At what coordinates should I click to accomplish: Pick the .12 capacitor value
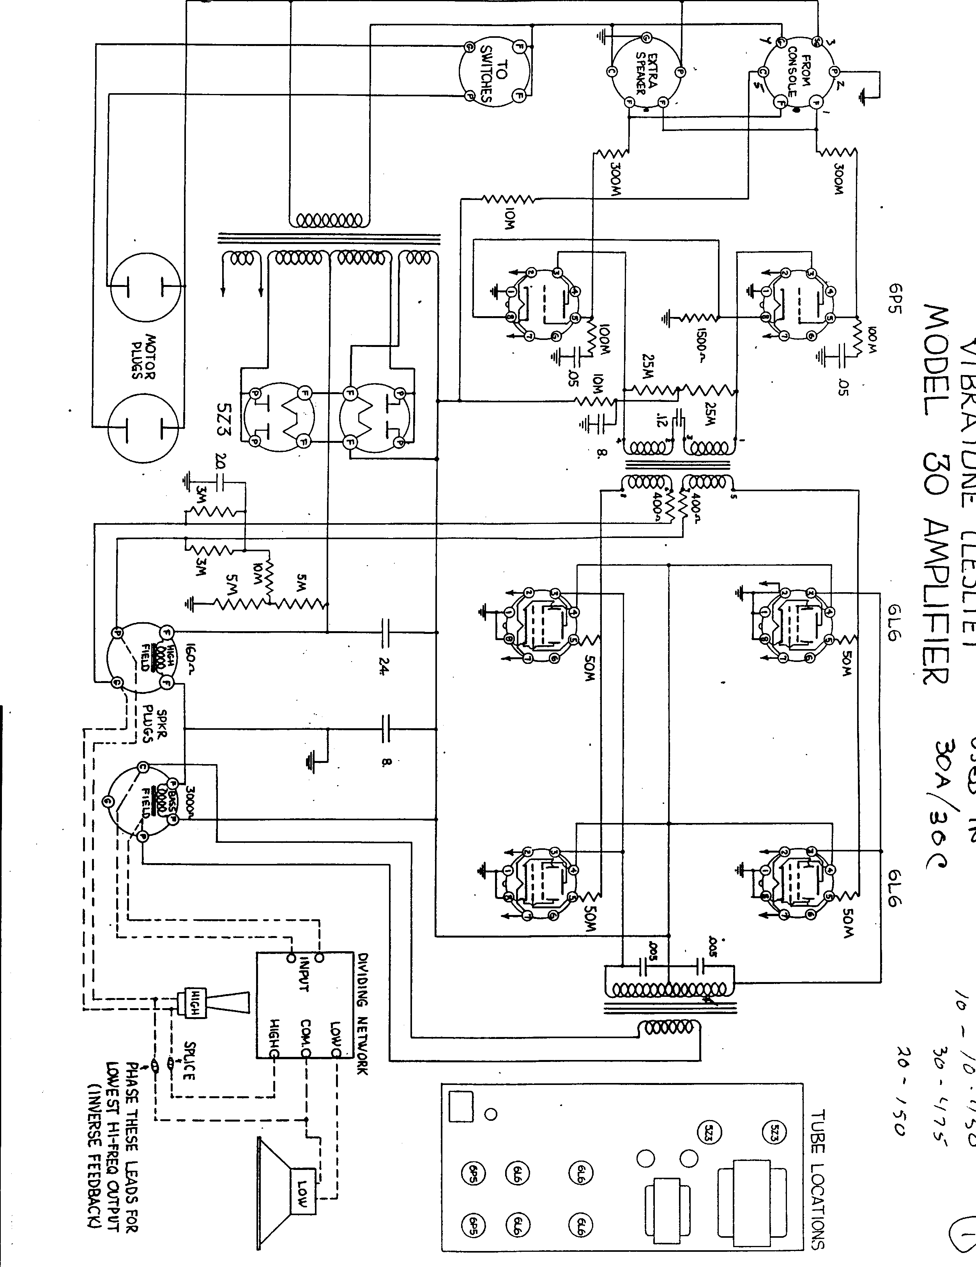(x=660, y=419)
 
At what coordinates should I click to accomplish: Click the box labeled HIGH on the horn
(x=195, y=1002)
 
